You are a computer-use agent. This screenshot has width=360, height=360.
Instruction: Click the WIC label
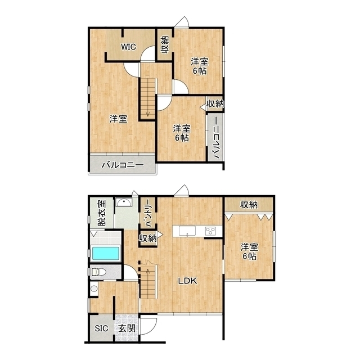click(x=129, y=47)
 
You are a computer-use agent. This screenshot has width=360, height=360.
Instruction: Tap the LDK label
click(x=188, y=281)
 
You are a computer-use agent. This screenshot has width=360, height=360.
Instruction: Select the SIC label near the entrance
click(x=101, y=328)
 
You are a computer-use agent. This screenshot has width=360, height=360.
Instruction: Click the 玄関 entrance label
click(x=127, y=328)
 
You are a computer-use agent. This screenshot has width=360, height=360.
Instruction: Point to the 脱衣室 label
click(x=102, y=213)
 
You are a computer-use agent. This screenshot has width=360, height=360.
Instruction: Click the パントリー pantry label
click(x=148, y=213)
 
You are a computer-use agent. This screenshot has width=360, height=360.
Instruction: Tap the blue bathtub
click(x=106, y=253)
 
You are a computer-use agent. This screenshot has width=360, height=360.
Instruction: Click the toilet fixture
click(x=99, y=272)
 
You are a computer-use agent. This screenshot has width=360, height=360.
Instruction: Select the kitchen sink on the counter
click(x=187, y=231)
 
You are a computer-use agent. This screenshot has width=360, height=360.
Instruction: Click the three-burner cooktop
click(x=210, y=231)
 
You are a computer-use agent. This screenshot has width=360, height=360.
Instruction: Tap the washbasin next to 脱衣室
click(x=124, y=202)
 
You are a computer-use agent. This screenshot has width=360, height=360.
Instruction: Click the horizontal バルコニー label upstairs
click(x=123, y=165)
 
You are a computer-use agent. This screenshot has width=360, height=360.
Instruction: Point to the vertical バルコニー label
click(x=216, y=138)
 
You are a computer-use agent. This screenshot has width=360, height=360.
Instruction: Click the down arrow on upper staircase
click(x=147, y=112)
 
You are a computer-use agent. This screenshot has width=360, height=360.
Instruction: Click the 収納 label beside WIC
click(x=165, y=45)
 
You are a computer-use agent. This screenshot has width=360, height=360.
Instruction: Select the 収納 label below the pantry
click(x=148, y=238)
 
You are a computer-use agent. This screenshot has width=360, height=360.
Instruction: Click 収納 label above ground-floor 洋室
click(x=249, y=205)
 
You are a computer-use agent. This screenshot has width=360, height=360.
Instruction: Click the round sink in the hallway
click(x=94, y=288)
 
